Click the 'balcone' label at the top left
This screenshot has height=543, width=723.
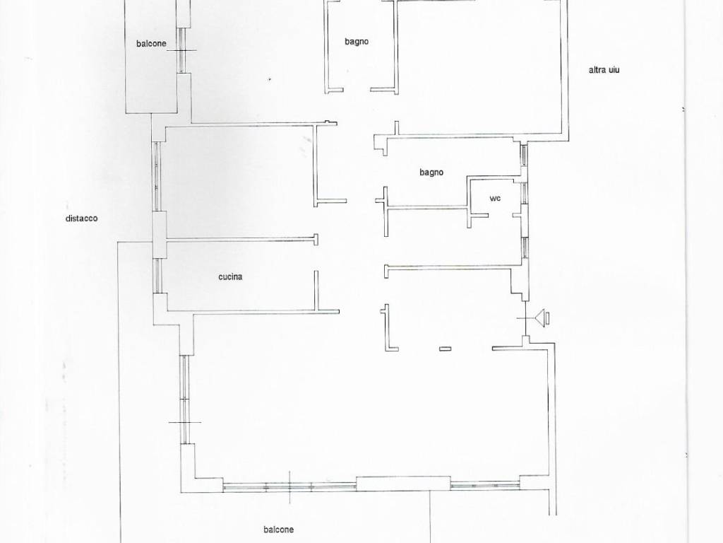(151, 43)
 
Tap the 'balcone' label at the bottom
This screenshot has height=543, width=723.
(278, 530)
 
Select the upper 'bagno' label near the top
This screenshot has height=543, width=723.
(357, 42)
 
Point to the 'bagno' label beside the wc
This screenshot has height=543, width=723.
(431, 173)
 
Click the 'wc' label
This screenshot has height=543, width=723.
(495, 199)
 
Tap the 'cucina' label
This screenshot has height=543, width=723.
(231, 276)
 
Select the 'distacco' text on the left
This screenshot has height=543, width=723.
(82, 218)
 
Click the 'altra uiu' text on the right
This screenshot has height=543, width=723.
(604, 70)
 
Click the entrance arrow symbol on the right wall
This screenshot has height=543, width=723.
(542, 318)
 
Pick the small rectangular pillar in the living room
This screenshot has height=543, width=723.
(445, 349)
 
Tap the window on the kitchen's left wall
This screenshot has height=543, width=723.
(157, 276)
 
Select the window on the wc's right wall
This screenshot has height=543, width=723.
(525, 194)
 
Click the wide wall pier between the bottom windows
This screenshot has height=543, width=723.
(403, 484)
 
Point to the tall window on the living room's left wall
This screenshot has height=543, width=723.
(184, 399)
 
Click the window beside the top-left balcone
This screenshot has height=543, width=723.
(183, 50)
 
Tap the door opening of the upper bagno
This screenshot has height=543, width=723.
(357, 90)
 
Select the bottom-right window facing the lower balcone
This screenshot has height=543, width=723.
(485, 485)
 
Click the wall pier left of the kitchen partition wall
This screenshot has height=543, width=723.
(160, 235)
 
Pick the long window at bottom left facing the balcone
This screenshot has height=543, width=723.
(289, 486)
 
